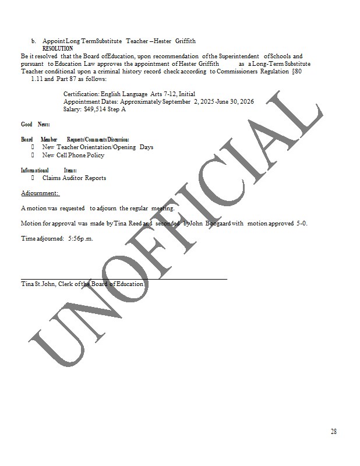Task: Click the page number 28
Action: (x=333, y=432)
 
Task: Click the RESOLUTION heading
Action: (x=58, y=48)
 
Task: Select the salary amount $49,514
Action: (x=97, y=109)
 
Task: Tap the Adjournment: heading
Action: (x=40, y=193)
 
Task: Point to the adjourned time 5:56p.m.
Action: (x=80, y=238)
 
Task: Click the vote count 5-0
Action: (x=301, y=223)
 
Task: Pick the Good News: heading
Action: (x=36, y=125)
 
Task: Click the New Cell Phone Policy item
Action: (x=73, y=155)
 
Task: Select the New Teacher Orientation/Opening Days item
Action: (x=97, y=147)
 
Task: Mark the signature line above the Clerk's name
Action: (x=123, y=279)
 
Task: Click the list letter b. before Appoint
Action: (x=34, y=41)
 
